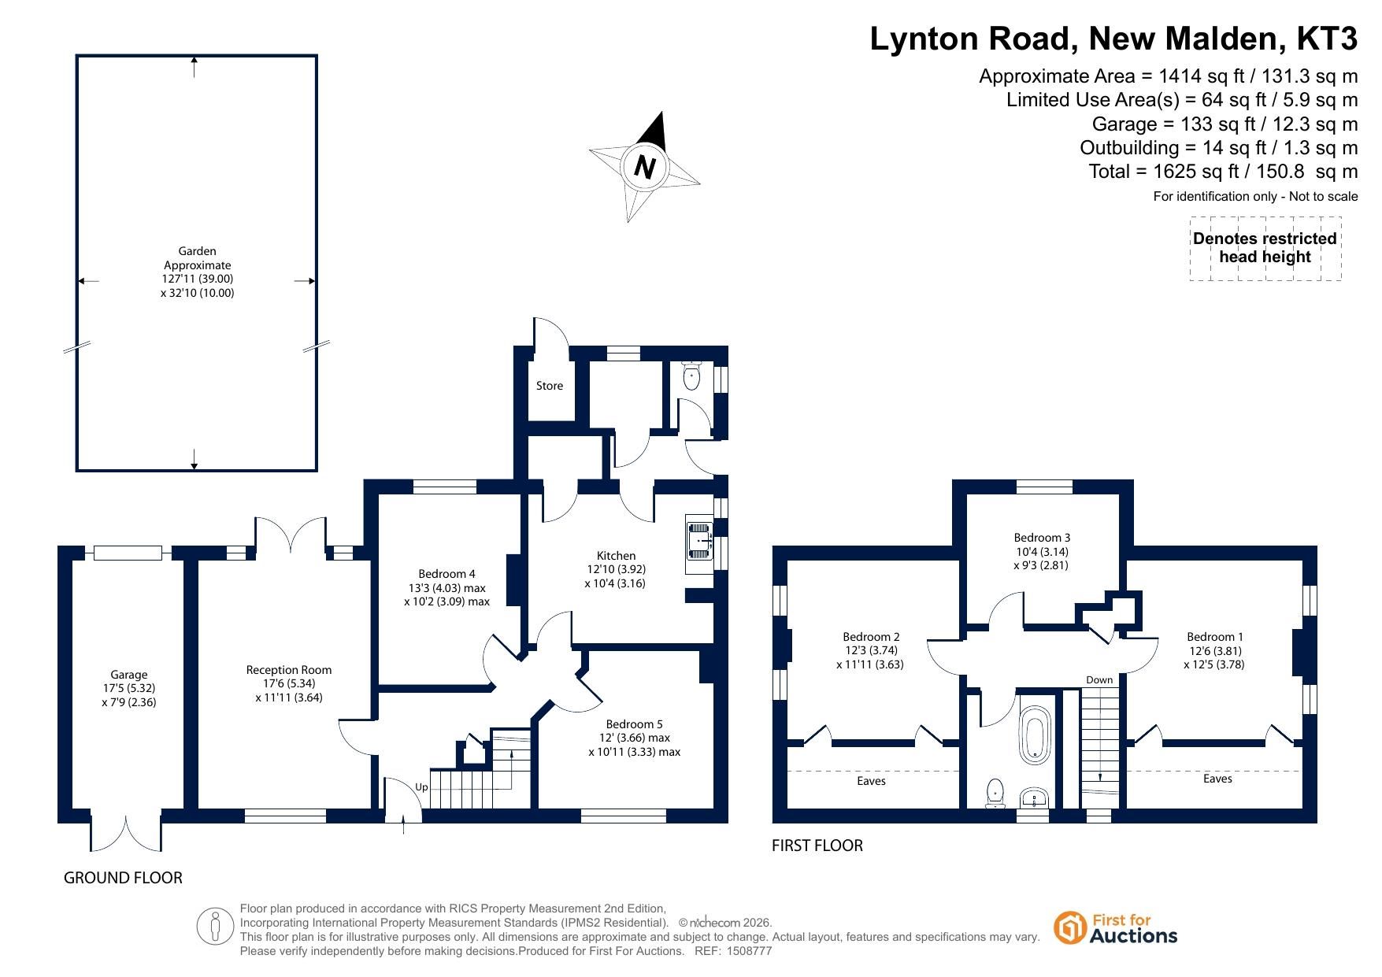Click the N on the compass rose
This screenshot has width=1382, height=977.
click(645, 168)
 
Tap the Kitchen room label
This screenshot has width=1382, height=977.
click(616, 556)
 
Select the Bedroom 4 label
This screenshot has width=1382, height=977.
click(446, 574)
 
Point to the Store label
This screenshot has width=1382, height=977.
click(550, 386)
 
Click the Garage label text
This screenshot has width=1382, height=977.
click(129, 675)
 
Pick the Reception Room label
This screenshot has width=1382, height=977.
click(289, 670)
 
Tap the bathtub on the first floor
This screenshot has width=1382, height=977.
click(1035, 735)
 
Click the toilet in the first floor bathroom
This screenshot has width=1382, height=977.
click(996, 793)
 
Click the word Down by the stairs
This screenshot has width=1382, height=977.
click(1099, 680)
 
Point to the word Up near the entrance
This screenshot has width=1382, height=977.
click(421, 787)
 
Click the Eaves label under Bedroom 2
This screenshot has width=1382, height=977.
click(871, 781)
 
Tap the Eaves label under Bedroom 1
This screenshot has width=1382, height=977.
click(1217, 779)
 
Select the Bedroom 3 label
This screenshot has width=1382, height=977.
click(1042, 538)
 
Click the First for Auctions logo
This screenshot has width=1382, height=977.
click(1115, 928)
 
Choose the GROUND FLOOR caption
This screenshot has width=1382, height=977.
click(123, 878)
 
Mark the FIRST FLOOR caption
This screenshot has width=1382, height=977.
click(817, 846)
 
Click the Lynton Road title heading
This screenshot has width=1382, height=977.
click(1113, 39)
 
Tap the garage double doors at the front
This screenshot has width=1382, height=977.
click(126, 832)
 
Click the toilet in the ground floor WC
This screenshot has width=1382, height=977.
click(692, 375)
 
